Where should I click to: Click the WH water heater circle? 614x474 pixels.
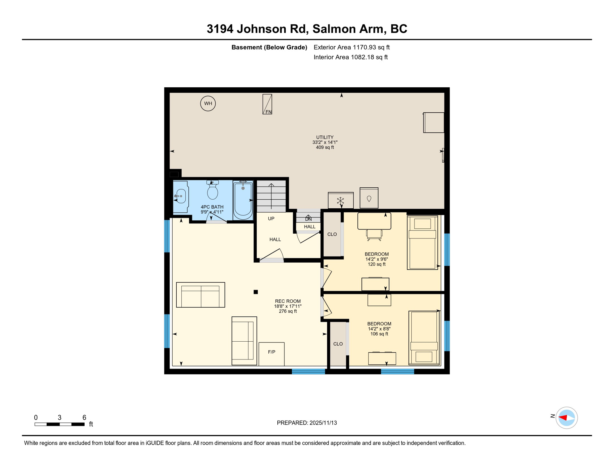(208, 103)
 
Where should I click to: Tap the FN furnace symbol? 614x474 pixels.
(267, 105)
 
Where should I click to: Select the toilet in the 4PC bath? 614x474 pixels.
(212, 191)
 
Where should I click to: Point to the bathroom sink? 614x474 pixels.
(181, 197)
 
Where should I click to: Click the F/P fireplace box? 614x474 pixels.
(271, 354)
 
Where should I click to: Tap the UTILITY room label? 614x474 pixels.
(325, 137)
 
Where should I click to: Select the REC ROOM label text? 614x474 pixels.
(288, 301)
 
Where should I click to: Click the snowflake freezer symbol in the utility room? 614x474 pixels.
(340, 201)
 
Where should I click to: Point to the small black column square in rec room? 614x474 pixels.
(256, 292)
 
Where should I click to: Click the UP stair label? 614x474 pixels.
(271, 219)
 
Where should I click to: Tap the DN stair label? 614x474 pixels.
(308, 219)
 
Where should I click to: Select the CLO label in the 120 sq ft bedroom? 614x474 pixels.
(332, 235)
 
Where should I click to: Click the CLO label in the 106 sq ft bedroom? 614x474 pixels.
(338, 344)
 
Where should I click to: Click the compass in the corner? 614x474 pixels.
(566, 418)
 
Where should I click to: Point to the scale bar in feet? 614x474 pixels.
(59, 424)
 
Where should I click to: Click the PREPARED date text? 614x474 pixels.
(307, 423)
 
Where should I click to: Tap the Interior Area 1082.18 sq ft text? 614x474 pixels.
(350, 57)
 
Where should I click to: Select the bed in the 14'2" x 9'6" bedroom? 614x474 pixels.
(422, 243)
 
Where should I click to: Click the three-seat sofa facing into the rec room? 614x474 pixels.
(200, 295)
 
